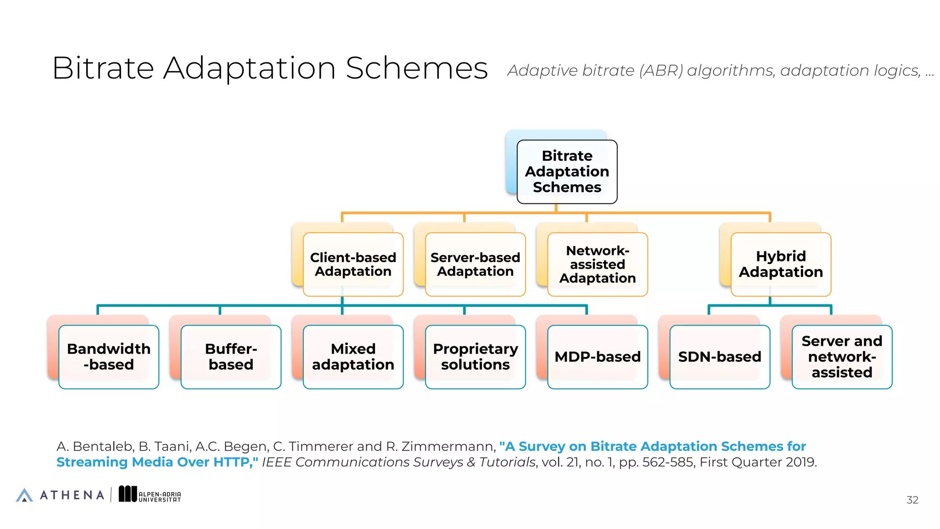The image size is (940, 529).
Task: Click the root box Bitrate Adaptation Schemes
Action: click(567, 172)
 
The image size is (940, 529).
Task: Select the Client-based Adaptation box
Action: click(353, 264)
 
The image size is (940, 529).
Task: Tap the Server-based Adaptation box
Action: click(475, 264)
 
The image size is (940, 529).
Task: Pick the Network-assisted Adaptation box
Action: click(597, 264)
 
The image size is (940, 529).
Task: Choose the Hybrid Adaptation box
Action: click(781, 264)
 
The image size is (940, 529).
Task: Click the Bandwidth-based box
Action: click(109, 357)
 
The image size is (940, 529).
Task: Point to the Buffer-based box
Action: click(231, 357)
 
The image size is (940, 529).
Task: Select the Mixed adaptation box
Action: click(353, 357)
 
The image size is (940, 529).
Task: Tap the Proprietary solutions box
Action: click(475, 357)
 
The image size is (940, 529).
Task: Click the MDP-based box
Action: click(597, 357)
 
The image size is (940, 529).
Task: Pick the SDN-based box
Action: click(720, 357)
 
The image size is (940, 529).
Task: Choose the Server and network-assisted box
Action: click(842, 357)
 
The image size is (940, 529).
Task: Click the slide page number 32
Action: click(912, 500)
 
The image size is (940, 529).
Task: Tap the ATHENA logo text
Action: click(72, 495)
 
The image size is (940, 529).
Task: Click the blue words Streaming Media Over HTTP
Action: click(156, 462)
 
